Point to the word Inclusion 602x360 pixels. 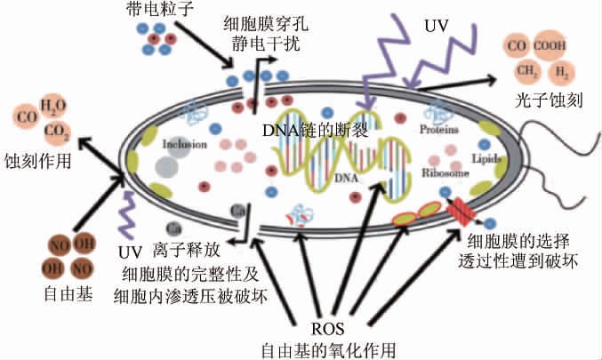tap(184, 143)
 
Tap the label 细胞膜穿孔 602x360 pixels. tap(258, 22)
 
